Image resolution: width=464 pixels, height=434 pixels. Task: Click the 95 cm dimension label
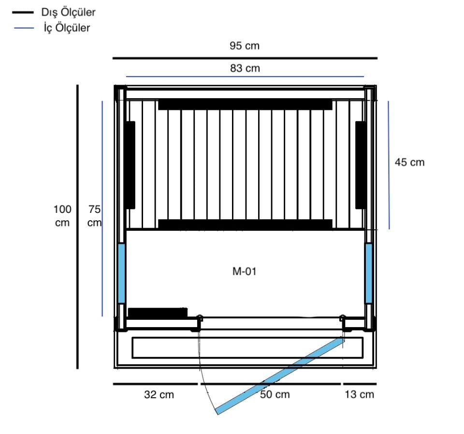click(x=244, y=46)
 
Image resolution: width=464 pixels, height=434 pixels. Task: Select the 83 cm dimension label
click(x=244, y=68)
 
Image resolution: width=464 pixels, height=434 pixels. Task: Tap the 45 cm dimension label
click(x=409, y=162)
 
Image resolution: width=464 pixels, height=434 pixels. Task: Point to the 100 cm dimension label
click(x=62, y=216)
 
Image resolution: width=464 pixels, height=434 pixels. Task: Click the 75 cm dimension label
click(x=95, y=216)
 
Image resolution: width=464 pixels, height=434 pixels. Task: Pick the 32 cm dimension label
click(x=159, y=394)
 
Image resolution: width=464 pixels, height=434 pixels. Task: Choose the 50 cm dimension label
click(x=275, y=394)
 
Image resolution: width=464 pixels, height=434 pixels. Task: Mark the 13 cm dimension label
click(x=360, y=394)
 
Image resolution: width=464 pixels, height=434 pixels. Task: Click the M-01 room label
click(x=244, y=271)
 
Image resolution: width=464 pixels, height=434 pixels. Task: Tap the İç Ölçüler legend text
click(x=67, y=28)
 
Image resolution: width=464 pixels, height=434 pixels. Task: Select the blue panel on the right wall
click(x=369, y=273)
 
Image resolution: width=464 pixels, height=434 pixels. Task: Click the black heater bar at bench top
click(x=245, y=104)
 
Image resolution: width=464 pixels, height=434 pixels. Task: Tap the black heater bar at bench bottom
click(x=245, y=224)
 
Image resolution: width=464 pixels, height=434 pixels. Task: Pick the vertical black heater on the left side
click(x=130, y=165)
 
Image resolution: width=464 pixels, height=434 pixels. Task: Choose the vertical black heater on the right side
click(x=361, y=165)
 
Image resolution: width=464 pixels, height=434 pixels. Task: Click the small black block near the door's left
click(x=157, y=313)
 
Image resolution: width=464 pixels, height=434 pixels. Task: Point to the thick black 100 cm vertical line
click(x=77, y=226)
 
